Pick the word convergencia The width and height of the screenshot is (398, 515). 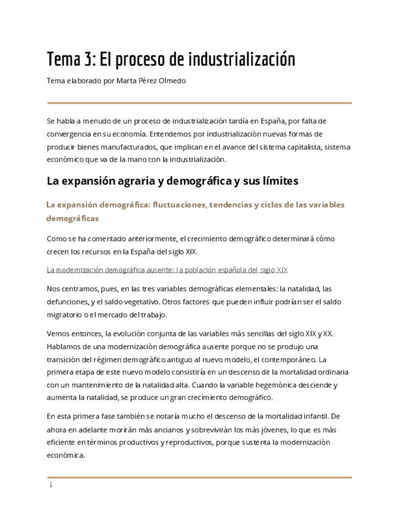point(70,134)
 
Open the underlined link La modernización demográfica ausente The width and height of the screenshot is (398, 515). point(166,270)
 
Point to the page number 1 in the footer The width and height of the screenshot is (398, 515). point(51,485)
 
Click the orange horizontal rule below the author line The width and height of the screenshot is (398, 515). point(199,103)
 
